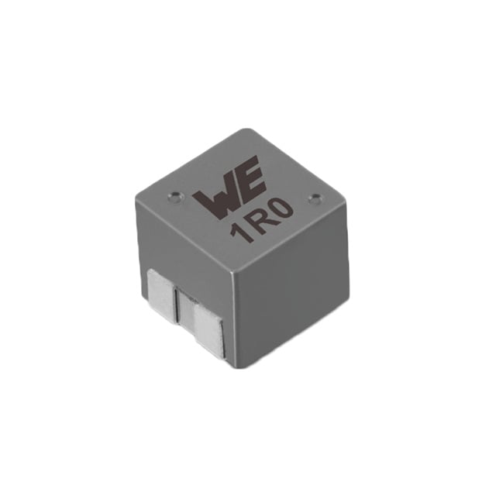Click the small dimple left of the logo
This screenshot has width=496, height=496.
[x=175, y=196]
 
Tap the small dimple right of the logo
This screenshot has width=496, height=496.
[x=315, y=198]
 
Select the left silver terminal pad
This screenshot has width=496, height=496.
[x=162, y=296]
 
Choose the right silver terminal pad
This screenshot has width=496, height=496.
[x=208, y=328]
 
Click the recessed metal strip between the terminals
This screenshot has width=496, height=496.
[x=186, y=308]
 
